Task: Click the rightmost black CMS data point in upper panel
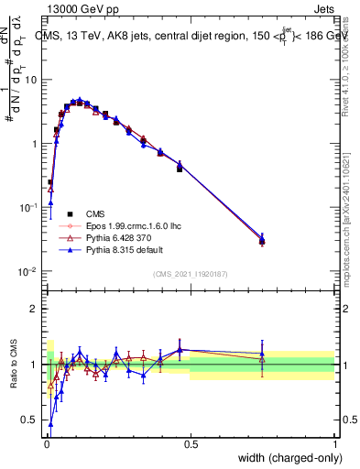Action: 262,242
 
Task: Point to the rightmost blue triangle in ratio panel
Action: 262,354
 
